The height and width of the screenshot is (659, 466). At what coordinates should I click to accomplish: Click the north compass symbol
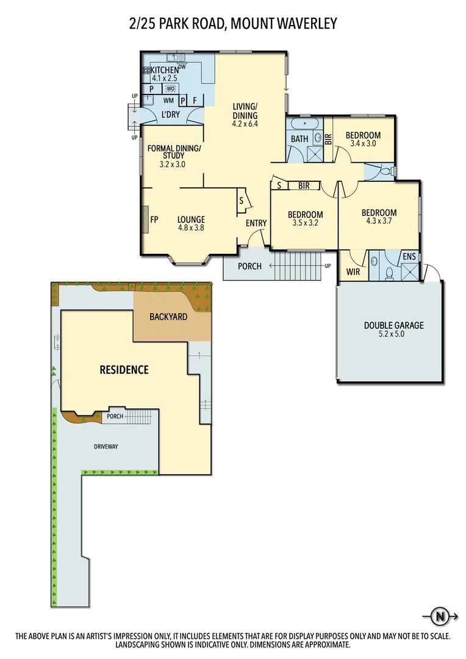click(x=438, y=616)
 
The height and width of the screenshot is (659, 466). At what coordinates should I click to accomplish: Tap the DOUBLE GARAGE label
click(x=393, y=325)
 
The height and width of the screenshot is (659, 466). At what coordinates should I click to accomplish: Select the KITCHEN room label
click(x=164, y=70)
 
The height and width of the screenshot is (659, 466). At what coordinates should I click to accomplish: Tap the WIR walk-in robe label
click(x=353, y=271)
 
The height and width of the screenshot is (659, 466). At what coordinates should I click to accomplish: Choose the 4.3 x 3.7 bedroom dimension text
click(x=379, y=222)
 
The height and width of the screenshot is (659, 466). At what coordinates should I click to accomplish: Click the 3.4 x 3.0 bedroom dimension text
click(x=363, y=143)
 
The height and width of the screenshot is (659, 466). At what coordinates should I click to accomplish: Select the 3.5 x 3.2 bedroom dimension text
click(x=305, y=223)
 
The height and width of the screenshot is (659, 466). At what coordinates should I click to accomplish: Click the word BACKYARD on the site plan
click(x=168, y=317)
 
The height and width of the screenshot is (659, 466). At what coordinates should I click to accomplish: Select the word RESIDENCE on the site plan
click(x=124, y=369)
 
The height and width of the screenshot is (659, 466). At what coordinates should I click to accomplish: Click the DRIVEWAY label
click(x=106, y=447)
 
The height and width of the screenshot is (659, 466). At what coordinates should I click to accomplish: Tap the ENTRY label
click(x=256, y=223)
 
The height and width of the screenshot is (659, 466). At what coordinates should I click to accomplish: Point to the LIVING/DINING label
click(x=245, y=111)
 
